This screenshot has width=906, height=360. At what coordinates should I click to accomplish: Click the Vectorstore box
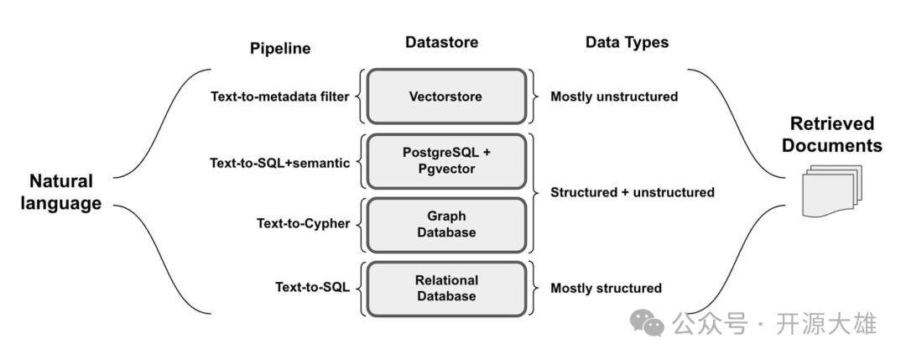click(x=445, y=97)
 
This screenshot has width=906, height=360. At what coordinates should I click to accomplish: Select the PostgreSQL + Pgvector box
click(x=445, y=160)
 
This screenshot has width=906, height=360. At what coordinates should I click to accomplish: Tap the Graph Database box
click(x=445, y=224)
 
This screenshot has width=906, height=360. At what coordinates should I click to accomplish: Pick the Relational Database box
click(x=445, y=288)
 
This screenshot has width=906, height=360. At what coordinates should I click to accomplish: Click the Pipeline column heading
click(x=280, y=49)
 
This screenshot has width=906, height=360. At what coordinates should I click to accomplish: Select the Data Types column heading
click(x=627, y=42)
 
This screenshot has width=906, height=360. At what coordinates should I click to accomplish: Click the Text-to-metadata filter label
click(x=280, y=97)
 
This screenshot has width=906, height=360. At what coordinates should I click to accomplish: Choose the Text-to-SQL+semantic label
click(x=280, y=163)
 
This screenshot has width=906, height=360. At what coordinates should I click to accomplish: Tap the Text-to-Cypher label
click(x=304, y=223)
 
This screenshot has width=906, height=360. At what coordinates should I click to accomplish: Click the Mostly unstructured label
click(x=614, y=97)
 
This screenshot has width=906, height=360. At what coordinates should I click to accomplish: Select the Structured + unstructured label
click(x=633, y=192)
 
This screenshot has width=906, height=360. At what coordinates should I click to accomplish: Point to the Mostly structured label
click(x=606, y=288)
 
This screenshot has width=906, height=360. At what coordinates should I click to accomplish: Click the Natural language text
click(x=65, y=192)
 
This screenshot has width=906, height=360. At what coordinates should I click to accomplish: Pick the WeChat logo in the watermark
click(x=648, y=323)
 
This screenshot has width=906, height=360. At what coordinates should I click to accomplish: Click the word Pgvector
click(x=445, y=169)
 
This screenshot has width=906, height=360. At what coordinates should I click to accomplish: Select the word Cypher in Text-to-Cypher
click(x=327, y=223)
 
